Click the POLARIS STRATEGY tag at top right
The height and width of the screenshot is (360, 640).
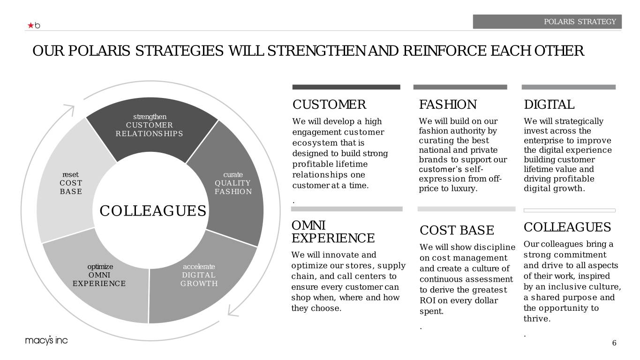coord(547,22)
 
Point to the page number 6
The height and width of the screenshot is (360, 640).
coord(614,343)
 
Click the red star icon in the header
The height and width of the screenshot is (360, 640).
coord(30,25)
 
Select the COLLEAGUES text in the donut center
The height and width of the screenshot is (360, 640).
coord(153,211)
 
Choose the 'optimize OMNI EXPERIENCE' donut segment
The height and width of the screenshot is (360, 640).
coord(98,281)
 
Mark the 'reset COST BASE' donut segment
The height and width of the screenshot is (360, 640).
coord(70,187)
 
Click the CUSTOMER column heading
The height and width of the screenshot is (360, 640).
coord(329,105)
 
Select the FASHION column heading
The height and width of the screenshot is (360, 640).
coord(448,105)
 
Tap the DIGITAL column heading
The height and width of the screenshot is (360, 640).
coord(549,105)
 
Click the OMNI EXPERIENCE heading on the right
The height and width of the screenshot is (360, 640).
coord(333,232)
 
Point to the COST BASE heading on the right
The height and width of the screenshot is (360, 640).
coord(457,230)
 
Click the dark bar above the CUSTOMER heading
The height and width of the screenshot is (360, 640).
coord(346,87)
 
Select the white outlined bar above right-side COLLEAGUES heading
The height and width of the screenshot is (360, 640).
coord(569,210)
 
